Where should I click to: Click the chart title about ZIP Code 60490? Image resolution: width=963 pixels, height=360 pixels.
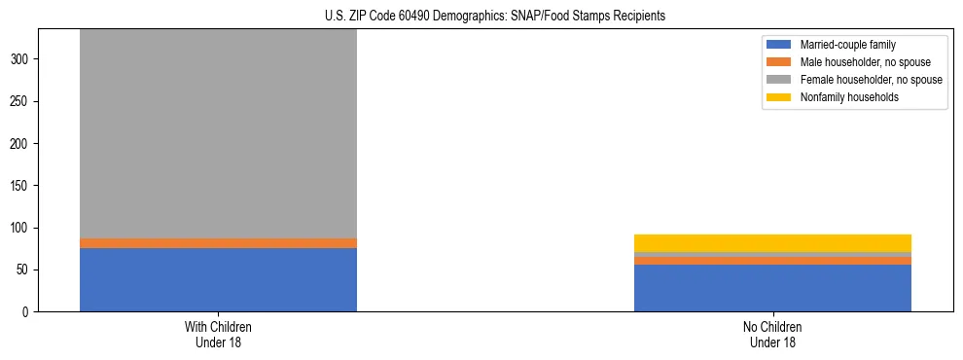[495, 16]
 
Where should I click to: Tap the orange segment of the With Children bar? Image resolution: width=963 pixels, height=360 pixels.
[218, 243]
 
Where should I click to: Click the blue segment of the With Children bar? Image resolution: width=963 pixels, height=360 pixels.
[218, 279]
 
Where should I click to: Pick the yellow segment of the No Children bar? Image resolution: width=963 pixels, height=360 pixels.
[772, 243]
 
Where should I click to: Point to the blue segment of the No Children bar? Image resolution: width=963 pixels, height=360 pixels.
[772, 288]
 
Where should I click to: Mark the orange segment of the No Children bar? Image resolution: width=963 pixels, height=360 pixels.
[772, 261]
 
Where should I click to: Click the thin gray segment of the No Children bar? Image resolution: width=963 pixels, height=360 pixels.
[772, 255]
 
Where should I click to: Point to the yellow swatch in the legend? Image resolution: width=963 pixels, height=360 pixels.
[780, 97]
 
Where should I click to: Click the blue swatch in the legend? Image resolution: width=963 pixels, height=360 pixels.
[780, 45]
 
